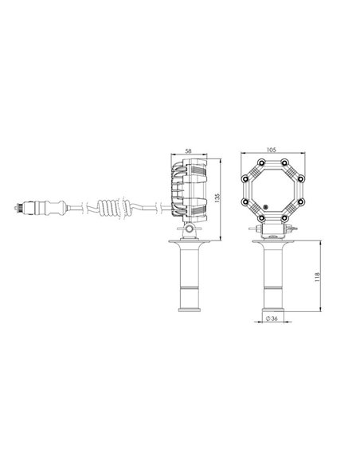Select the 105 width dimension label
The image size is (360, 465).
272,149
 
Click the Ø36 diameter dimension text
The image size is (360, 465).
272,320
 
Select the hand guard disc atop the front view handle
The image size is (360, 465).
272,242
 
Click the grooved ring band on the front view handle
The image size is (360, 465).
272,287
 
